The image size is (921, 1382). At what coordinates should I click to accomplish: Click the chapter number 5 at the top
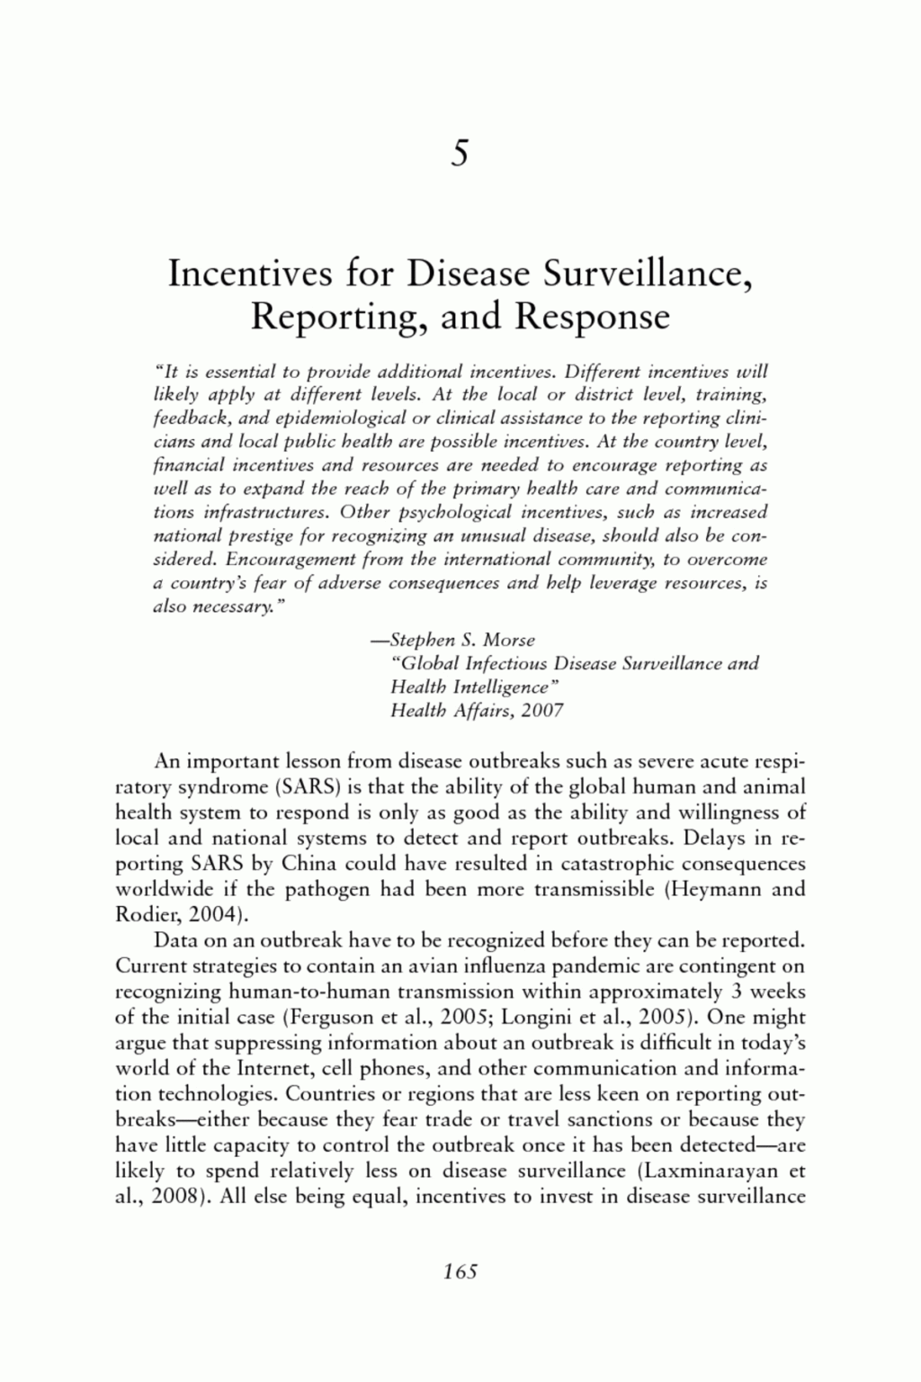460,154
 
